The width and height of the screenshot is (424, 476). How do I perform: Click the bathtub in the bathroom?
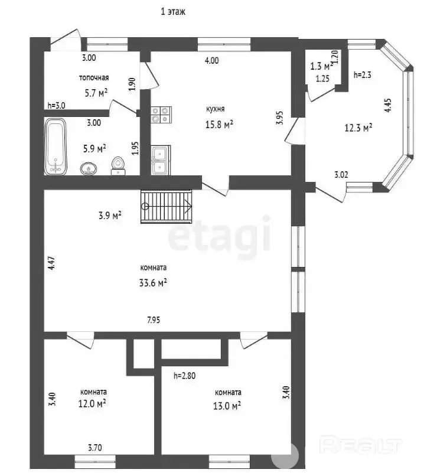[56, 146]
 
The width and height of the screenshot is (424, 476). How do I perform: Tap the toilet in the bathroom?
[118, 166]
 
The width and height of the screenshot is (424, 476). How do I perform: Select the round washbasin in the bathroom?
[89, 168]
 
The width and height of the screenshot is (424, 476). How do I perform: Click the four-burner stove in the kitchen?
[161, 115]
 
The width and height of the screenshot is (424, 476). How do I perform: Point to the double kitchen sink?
[161, 160]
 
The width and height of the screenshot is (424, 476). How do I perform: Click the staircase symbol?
[167, 207]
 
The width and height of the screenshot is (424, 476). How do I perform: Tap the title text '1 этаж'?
[172, 12]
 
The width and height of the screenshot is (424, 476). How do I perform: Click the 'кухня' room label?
[215, 109]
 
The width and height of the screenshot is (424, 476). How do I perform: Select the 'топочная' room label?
[94, 78]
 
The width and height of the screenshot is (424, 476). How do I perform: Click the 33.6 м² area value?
[153, 283]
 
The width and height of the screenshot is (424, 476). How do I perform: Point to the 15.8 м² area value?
[219, 124]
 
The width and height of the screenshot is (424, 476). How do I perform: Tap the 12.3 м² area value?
[358, 128]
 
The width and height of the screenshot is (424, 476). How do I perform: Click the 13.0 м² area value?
[227, 406]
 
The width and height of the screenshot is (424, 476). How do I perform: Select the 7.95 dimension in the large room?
[154, 320]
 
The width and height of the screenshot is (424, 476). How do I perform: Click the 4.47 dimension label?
[52, 263]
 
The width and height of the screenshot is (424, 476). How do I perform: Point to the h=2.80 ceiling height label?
[184, 376]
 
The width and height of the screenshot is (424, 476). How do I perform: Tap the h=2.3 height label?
[363, 74]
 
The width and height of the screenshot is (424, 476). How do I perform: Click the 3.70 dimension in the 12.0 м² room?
[95, 448]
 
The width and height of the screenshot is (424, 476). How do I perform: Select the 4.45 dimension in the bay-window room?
[388, 106]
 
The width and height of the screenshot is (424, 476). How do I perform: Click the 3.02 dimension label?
[341, 175]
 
